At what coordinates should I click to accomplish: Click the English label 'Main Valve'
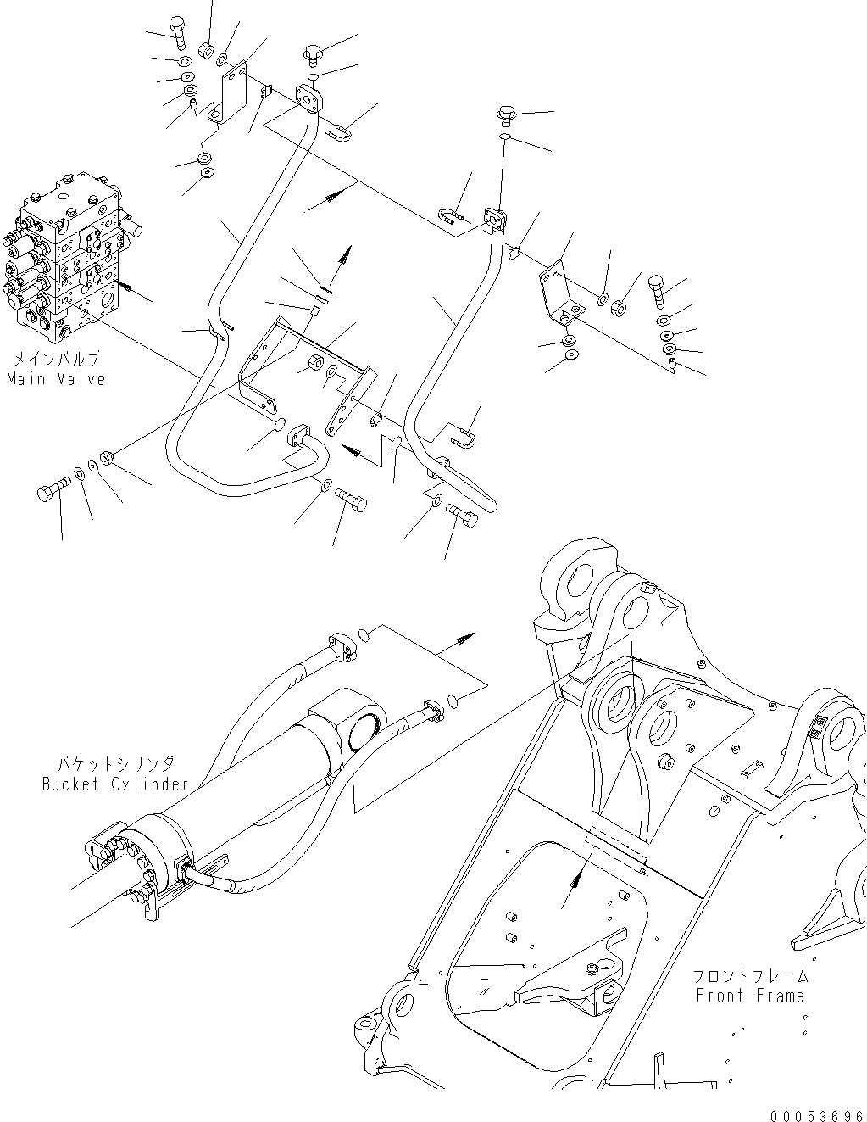(x=56, y=379)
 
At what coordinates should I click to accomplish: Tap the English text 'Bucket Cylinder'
(x=115, y=784)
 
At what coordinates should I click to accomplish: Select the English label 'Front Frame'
(x=750, y=996)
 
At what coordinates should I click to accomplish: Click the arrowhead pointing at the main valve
(x=122, y=286)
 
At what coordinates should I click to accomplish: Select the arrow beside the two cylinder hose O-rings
(x=466, y=636)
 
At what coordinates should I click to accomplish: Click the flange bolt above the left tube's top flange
(x=312, y=53)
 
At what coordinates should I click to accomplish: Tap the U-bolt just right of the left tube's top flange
(x=340, y=130)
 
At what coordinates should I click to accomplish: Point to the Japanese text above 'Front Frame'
(x=750, y=976)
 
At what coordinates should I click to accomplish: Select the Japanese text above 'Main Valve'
(x=56, y=359)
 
